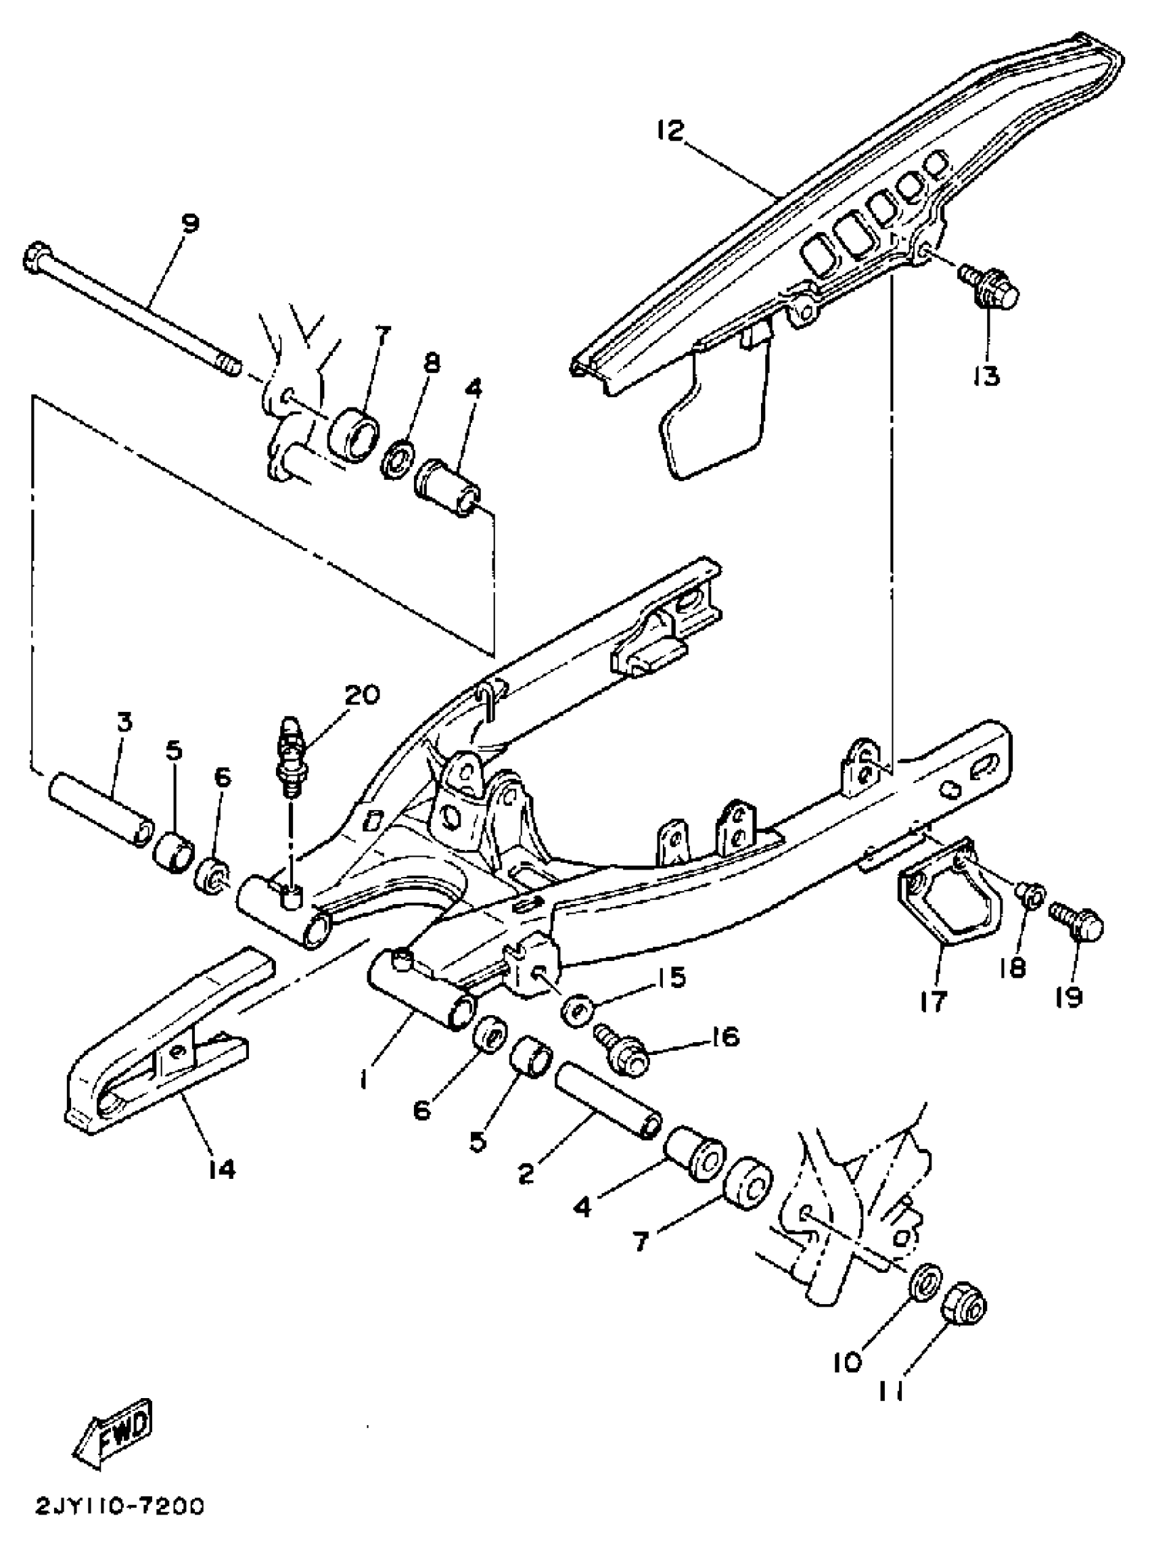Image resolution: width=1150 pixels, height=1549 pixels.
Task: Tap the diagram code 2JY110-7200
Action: (x=120, y=1506)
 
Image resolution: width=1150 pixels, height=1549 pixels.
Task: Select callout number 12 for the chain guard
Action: (x=670, y=130)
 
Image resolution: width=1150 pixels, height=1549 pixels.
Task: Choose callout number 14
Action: (x=221, y=1167)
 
